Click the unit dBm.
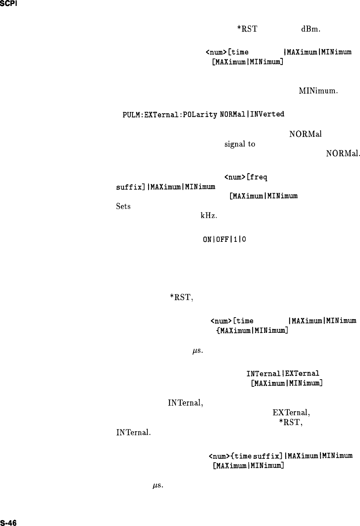[x=311, y=29]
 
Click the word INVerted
[x=267, y=114]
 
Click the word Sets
[x=123, y=206]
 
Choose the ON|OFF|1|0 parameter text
[x=224, y=240]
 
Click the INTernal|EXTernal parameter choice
[x=282, y=373]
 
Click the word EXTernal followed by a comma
[x=291, y=412]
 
